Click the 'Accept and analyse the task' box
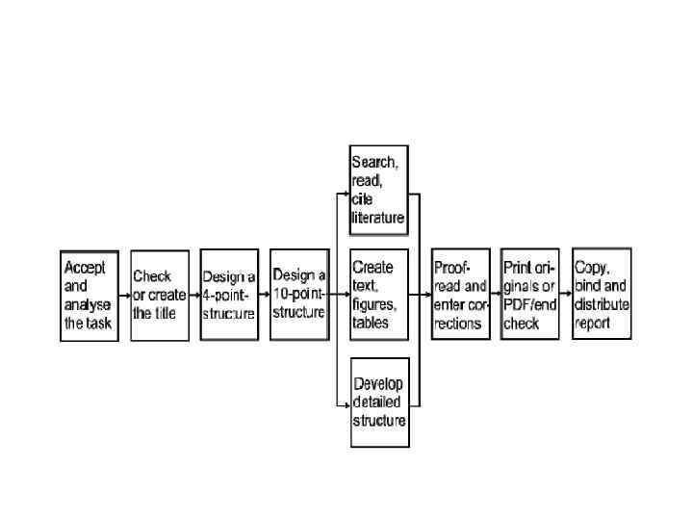pyautogui.click(x=89, y=295)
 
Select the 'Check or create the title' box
pyautogui.click(x=160, y=295)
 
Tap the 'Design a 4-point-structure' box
pyautogui.click(x=229, y=295)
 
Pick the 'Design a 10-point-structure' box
pyautogui.click(x=299, y=295)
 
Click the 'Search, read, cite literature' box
pyautogui.click(x=378, y=191)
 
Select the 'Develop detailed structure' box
pyautogui.click(x=379, y=402)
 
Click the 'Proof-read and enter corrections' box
pyautogui.click(x=461, y=295)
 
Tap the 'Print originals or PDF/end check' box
pyautogui.click(x=531, y=295)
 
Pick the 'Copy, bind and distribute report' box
pyautogui.click(x=602, y=295)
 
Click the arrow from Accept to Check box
pyautogui.click(x=124, y=295)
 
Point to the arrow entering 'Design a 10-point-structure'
pyautogui.click(x=265, y=295)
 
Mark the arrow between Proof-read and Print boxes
pyautogui.click(x=496, y=295)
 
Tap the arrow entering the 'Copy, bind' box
pyautogui.click(x=566, y=295)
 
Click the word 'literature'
pyautogui.click(x=377, y=219)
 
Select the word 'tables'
pyautogui.click(x=372, y=324)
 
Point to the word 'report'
pyautogui.click(x=593, y=324)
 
